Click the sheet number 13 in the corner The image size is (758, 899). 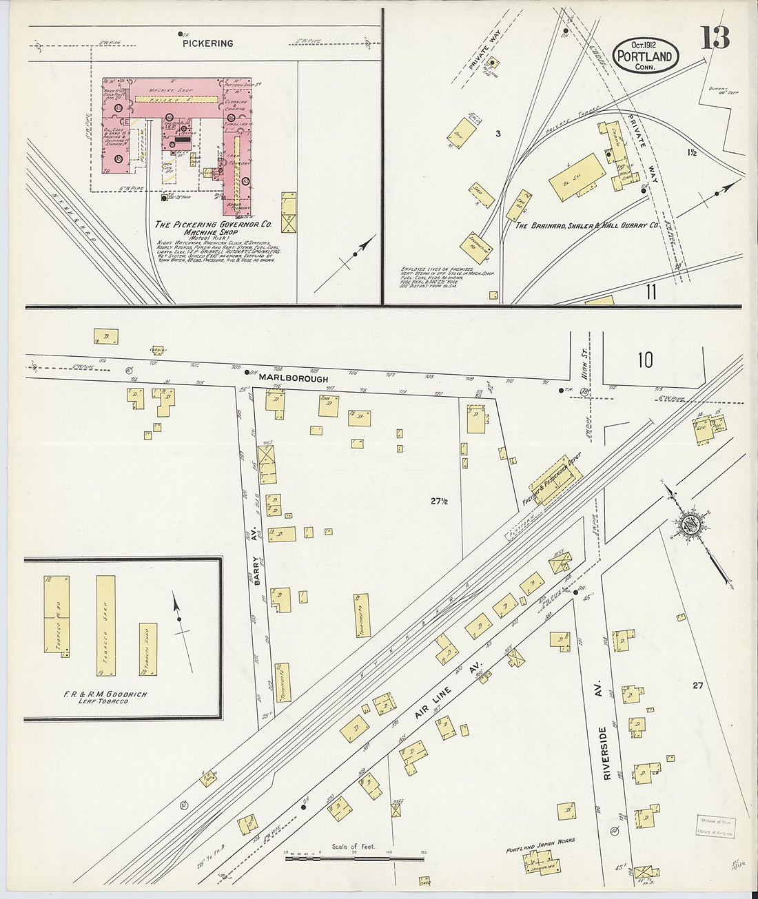pos(715,38)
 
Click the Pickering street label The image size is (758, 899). pos(207,43)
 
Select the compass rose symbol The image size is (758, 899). pos(690,525)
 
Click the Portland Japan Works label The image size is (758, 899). pos(540,841)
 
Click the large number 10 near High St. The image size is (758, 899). pos(645,360)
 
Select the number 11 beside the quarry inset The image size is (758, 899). pos(651,292)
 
